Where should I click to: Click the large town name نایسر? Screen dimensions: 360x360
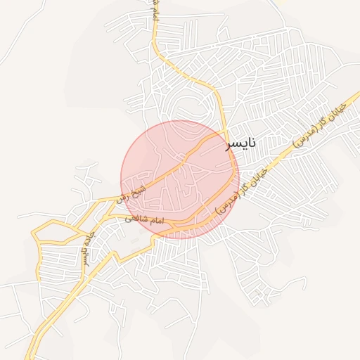tap(240, 144)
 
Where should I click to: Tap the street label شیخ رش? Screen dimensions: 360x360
tap(134, 191)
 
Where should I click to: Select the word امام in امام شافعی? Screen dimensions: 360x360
tap(156, 221)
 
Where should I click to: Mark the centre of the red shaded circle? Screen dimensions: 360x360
tap(180, 179)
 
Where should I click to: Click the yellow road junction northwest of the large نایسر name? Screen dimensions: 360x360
tap(224, 131)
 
